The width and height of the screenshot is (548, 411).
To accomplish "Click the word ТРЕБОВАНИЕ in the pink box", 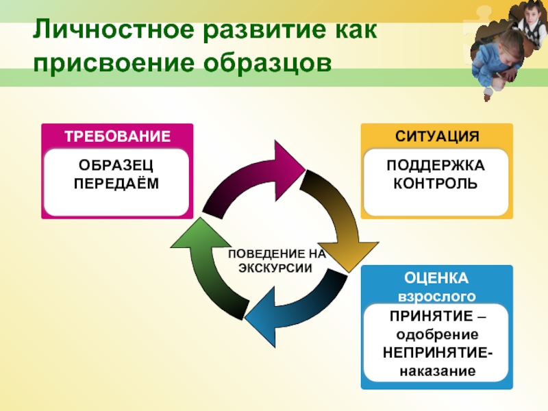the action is [x=117, y=136].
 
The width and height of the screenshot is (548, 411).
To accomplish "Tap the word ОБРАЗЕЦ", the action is [x=116, y=166].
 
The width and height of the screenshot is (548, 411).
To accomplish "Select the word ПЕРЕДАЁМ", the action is [x=116, y=183].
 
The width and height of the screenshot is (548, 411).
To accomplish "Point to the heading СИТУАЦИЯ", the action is [x=436, y=136].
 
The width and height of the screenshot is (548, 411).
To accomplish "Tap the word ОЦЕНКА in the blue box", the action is [x=436, y=278].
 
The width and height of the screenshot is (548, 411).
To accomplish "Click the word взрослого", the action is [x=436, y=297].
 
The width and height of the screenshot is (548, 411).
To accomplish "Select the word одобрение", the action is [x=436, y=335].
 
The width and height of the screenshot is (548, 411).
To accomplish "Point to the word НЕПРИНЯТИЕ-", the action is [x=436, y=353].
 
